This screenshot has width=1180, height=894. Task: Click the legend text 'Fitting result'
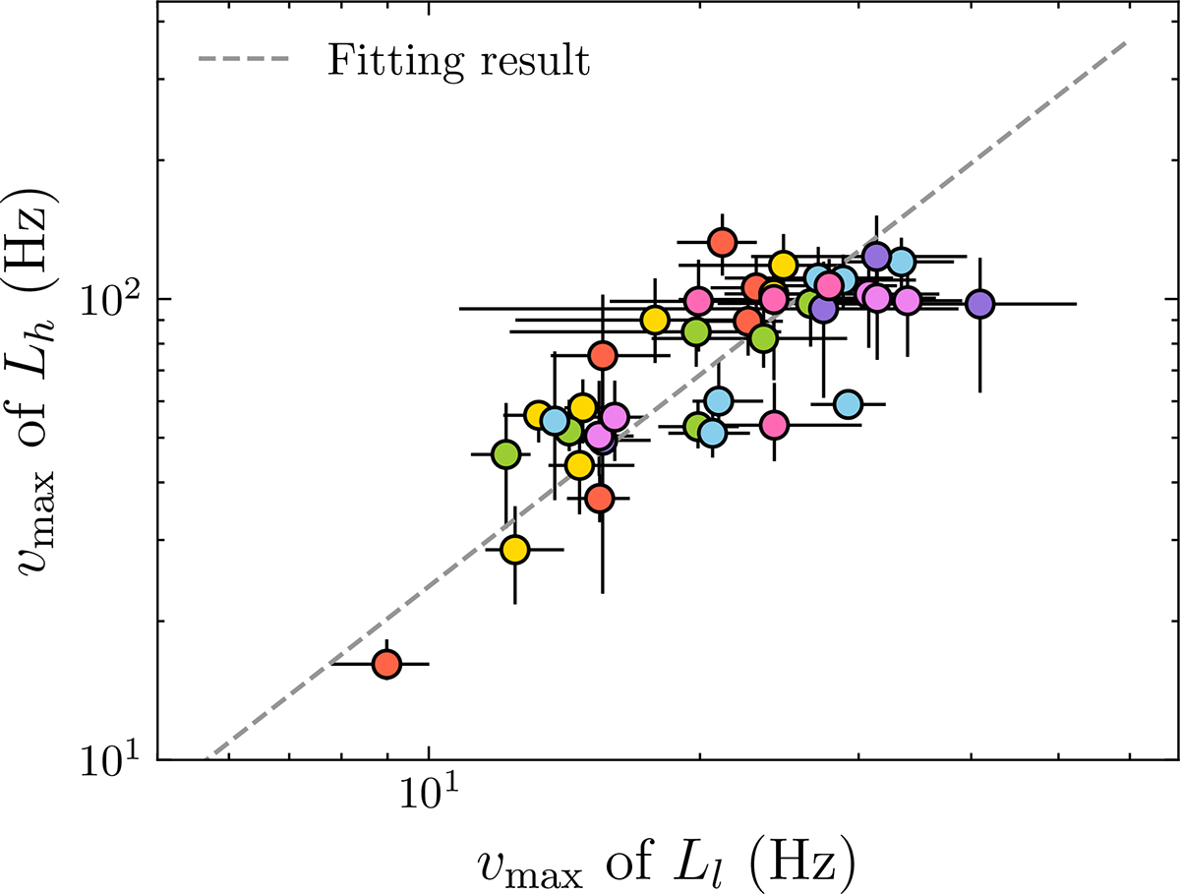tap(458, 61)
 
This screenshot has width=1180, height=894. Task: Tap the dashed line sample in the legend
tap(245, 61)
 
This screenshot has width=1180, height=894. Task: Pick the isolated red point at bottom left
tap(387, 664)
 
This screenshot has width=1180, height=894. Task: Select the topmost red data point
tap(723, 241)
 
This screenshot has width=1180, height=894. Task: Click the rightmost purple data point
tap(979, 304)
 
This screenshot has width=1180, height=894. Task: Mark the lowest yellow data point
tap(515, 550)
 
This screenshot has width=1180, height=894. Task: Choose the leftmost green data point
tap(506, 454)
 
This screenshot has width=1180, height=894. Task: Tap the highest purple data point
tap(877, 256)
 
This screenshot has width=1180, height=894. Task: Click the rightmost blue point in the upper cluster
tap(902, 263)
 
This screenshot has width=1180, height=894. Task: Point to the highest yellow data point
tap(783, 265)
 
